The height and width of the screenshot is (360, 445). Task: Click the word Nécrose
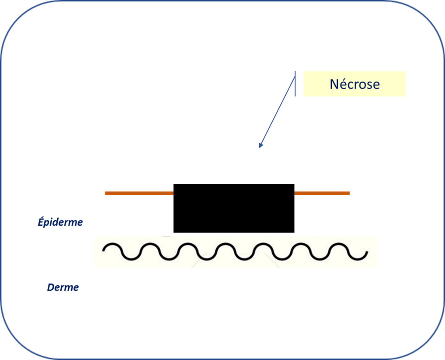click(355, 84)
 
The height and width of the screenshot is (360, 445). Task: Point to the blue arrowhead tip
click(259, 148)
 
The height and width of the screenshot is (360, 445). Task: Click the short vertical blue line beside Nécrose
click(295, 84)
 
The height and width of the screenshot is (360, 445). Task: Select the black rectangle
click(234, 208)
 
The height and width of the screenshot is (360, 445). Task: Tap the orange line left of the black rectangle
click(139, 193)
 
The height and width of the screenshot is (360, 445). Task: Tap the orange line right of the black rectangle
click(322, 193)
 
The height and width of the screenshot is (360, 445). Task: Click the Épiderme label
click(60, 222)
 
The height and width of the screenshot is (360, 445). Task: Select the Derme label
click(63, 287)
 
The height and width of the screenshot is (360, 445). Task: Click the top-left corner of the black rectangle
click(174, 185)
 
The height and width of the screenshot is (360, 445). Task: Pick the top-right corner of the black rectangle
click(294, 185)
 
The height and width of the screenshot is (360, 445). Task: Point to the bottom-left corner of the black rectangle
click(174, 232)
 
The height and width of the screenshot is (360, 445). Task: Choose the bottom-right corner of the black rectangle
click(294, 232)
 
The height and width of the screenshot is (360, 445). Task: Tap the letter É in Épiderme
click(40, 222)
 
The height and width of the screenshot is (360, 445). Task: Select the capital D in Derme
click(51, 287)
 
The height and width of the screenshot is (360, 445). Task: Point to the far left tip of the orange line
click(105, 193)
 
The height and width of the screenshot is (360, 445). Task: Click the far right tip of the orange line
click(349, 193)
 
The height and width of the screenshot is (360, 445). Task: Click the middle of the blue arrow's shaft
click(277, 112)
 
